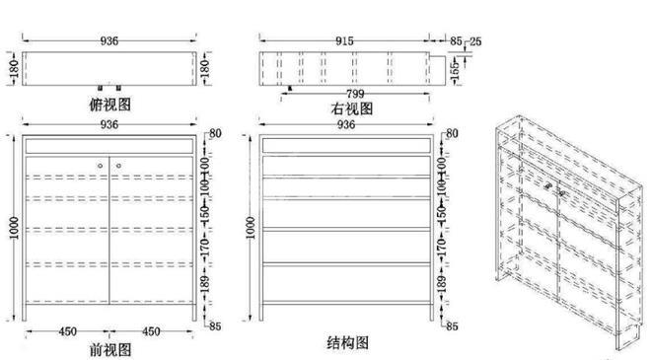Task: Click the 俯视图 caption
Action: [110, 103]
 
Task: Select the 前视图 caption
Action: [110, 349]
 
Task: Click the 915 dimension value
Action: [346, 41]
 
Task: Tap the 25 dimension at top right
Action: [475, 41]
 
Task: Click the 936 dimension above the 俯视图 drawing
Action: [108, 41]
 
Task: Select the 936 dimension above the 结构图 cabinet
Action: [346, 125]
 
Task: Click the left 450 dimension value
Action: [66, 331]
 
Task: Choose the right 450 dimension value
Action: [151, 331]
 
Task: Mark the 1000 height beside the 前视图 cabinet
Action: [12, 227]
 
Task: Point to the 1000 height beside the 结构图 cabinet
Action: [251, 227]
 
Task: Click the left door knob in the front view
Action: [99, 165]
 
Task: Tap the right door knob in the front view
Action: [117, 165]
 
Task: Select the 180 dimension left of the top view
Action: [14, 69]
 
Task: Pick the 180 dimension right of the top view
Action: [205, 69]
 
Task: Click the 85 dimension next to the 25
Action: [456, 41]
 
